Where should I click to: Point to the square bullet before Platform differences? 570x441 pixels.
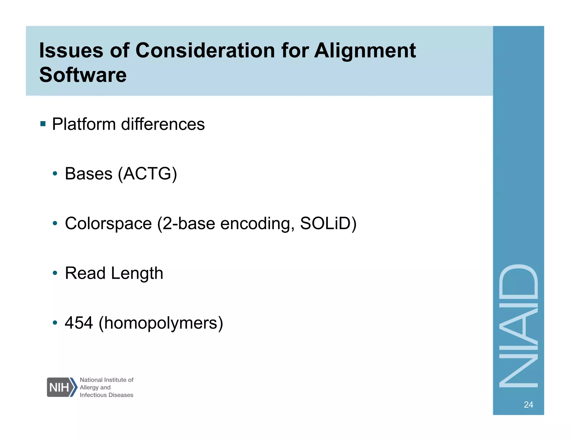[43, 123]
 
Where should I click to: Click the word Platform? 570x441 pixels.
[84, 124]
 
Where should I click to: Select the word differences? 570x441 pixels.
[163, 124]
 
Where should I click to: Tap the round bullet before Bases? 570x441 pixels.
[55, 174]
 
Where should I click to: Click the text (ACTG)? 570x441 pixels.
[147, 174]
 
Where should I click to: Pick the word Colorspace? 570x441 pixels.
[108, 223]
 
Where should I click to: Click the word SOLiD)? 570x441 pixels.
[328, 223]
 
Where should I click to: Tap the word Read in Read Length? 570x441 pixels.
[85, 273]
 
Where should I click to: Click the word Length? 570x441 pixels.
[137, 273]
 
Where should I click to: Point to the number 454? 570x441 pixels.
[79, 323]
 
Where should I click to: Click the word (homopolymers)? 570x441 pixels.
[161, 323]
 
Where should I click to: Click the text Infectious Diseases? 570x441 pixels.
[106, 395]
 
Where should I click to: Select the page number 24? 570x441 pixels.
[528, 404]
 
